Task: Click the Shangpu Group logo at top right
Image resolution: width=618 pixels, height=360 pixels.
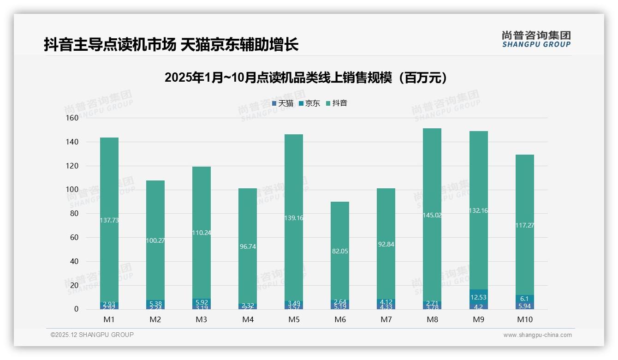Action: click(536, 39)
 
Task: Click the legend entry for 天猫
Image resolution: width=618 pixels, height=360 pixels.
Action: click(283, 103)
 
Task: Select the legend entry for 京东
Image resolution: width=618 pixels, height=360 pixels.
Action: click(309, 103)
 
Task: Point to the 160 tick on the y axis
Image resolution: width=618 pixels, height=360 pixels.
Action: click(71, 118)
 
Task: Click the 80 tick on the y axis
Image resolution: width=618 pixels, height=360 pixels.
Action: click(73, 214)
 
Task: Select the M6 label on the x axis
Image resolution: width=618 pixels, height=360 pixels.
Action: click(340, 319)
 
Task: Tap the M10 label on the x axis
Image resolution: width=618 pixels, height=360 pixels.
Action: click(524, 319)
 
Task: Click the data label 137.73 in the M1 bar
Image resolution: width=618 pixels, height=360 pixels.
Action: click(109, 221)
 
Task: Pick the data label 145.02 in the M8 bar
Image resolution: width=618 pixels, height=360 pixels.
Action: click(432, 215)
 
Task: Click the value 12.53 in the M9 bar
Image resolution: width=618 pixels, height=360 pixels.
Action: click(478, 298)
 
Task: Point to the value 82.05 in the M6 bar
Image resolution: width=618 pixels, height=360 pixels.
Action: click(340, 251)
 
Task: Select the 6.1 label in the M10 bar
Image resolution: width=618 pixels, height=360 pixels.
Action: click(524, 299)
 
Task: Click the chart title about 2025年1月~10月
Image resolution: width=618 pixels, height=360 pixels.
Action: click(306, 78)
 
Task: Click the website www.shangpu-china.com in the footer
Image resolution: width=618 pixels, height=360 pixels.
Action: click(537, 335)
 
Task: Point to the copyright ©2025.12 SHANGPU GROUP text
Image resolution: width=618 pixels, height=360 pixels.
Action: click(92, 335)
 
